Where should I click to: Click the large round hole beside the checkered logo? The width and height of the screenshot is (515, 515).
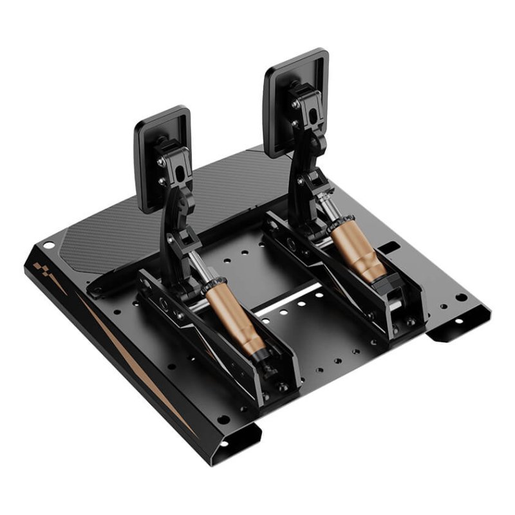[49, 246]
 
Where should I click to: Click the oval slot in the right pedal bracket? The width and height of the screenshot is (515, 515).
[314, 116]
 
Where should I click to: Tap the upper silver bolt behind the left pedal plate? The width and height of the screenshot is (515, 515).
[160, 162]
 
